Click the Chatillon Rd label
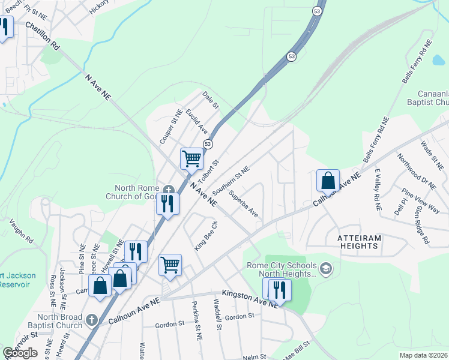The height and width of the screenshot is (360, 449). pyautogui.click(x=43, y=37)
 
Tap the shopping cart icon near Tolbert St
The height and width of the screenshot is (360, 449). pyautogui.click(x=191, y=159)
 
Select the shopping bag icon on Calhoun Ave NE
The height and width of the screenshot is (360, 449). pyautogui.click(x=328, y=180)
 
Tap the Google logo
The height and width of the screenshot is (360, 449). pyautogui.click(x=20, y=353)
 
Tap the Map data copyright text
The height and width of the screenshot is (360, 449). pyautogui.click(x=424, y=355)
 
